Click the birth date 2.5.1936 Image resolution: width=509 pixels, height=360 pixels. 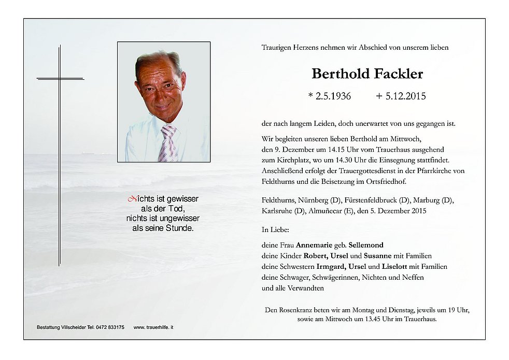point(330,96)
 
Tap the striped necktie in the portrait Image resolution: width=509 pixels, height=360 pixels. point(169,142)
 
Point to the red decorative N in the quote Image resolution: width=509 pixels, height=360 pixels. point(132,198)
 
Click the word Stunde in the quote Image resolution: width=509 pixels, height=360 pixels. point(176,228)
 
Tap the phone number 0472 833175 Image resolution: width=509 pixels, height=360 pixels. point(109,327)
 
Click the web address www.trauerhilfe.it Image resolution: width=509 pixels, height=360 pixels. point(153,327)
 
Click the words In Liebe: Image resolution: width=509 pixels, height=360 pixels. point(276,228)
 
